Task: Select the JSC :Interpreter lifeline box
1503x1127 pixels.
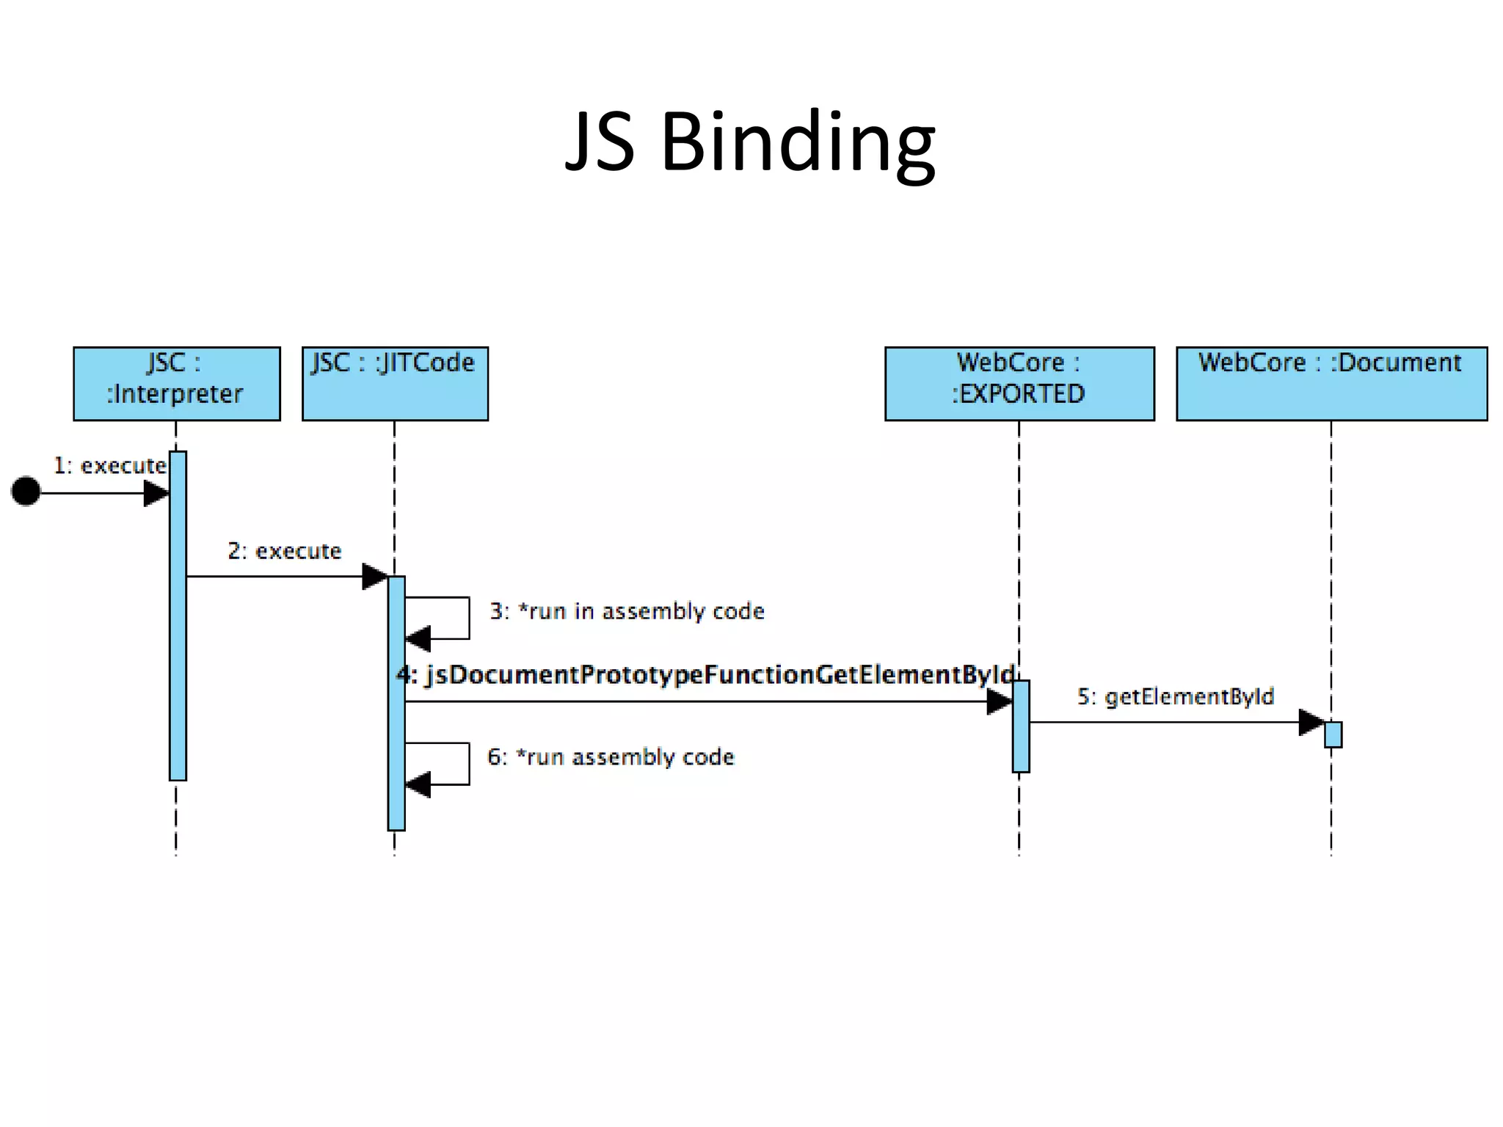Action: coord(177,384)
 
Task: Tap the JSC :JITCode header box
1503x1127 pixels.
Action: coord(395,384)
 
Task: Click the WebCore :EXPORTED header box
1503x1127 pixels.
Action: coord(1019,384)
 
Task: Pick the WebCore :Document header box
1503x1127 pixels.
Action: coord(1331,384)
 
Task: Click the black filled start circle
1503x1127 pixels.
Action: coord(26,492)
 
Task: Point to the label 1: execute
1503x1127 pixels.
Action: coord(110,466)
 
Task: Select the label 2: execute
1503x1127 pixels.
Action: coord(285,551)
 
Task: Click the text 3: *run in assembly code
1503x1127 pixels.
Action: coord(627,611)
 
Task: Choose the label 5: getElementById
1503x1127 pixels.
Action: coord(1176,696)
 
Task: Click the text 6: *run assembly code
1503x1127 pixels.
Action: coord(611,757)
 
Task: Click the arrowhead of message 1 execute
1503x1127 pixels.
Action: coord(156,493)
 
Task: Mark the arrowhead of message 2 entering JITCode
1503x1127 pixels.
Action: coord(374,577)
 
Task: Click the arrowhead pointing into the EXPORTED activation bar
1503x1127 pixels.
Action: coord(999,702)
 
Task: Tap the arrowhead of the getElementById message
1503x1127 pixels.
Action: coord(1311,723)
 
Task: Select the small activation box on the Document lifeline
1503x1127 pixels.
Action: coord(1333,735)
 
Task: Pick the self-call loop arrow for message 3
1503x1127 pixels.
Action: coord(455,619)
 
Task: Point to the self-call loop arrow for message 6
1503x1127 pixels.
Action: coord(455,764)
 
